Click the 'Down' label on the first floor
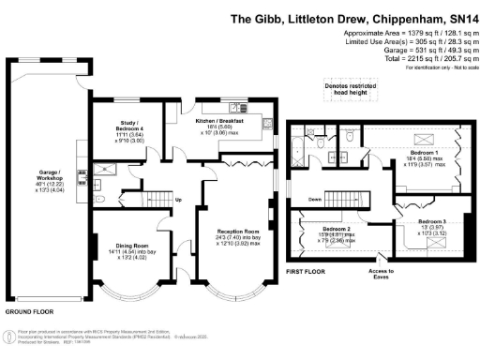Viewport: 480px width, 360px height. click(316, 200)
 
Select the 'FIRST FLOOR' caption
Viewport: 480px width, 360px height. click(307, 271)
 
